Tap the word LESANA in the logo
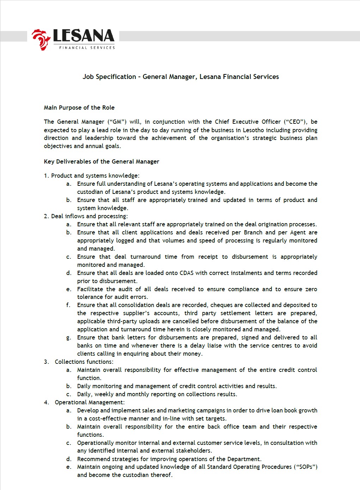tap(84, 36)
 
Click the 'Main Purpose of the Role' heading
tap(79, 108)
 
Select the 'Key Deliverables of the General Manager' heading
tap(102, 162)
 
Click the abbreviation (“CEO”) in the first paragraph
tap(295, 122)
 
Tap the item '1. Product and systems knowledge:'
tap(92, 176)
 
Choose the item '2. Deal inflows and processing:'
tap(86, 216)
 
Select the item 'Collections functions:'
tap(84, 362)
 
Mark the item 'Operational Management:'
tap(90, 402)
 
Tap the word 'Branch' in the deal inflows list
tap(253, 232)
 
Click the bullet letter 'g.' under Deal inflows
tap(68, 338)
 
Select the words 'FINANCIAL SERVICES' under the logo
tap(87, 48)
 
